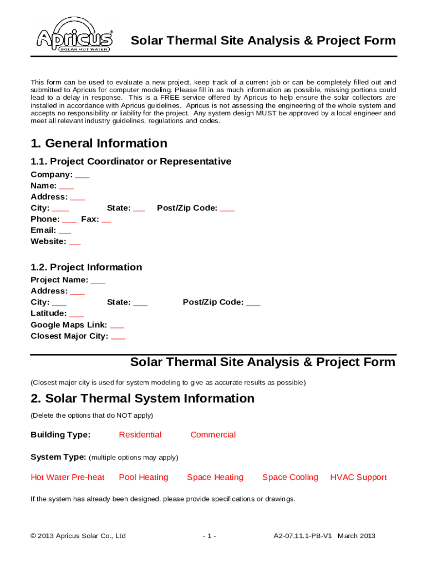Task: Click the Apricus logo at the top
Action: [x=74, y=40]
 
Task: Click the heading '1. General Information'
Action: [x=99, y=143]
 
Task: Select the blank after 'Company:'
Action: [x=82, y=175]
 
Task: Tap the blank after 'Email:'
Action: [x=65, y=231]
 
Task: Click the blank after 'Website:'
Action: [x=75, y=242]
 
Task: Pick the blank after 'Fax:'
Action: [x=106, y=220]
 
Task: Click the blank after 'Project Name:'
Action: [x=98, y=281]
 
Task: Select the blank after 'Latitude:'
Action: [x=77, y=314]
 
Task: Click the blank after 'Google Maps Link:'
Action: [x=117, y=325]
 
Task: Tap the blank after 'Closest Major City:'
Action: [x=118, y=336]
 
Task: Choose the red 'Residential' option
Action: [x=140, y=435]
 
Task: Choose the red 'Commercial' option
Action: [x=213, y=435]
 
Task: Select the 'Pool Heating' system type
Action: [x=144, y=478]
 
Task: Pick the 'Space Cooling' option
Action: [x=290, y=478]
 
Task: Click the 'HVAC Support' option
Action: [x=358, y=478]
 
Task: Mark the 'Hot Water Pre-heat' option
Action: [x=68, y=478]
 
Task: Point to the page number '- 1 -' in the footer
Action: [x=209, y=536]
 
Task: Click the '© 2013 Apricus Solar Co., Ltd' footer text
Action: [x=78, y=536]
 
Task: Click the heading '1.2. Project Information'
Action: [x=86, y=267]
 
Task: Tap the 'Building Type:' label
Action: [x=60, y=435]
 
